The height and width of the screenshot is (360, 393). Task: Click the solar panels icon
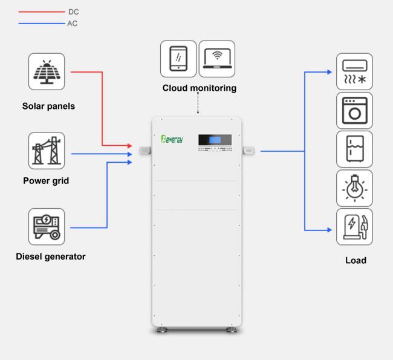click(x=47, y=71)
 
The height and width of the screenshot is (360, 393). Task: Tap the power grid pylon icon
click(x=47, y=151)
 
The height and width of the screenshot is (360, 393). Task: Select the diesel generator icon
click(x=47, y=226)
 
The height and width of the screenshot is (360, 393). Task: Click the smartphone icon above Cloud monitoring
click(x=178, y=59)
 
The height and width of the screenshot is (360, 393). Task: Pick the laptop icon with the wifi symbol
click(x=217, y=59)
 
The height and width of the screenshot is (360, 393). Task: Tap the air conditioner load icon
click(x=354, y=71)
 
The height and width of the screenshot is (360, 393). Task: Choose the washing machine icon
click(x=354, y=110)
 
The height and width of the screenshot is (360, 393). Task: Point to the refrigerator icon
click(x=354, y=149)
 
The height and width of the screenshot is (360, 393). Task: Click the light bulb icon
click(x=354, y=188)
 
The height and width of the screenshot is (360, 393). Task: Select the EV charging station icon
click(x=354, y=226)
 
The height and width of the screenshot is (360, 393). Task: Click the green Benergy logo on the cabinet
click(x=172, y=139)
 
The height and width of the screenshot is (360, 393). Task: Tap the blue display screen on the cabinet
click(x=215, y=140)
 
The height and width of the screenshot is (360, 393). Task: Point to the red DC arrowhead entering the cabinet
click(x=129, y=145)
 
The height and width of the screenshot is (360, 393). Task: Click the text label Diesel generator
click(x=51, y=257)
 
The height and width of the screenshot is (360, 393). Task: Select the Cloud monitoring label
click(x=200, y=88)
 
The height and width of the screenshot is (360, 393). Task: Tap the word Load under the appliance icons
click(x=356, y=260)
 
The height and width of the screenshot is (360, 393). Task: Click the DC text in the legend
click(x=73, y=11)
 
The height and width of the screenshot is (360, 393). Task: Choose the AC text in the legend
click(x=72, y=24)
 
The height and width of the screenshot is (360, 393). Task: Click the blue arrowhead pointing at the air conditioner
click(x=330, y=72)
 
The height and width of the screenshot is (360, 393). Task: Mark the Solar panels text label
click(x=48, y=106)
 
